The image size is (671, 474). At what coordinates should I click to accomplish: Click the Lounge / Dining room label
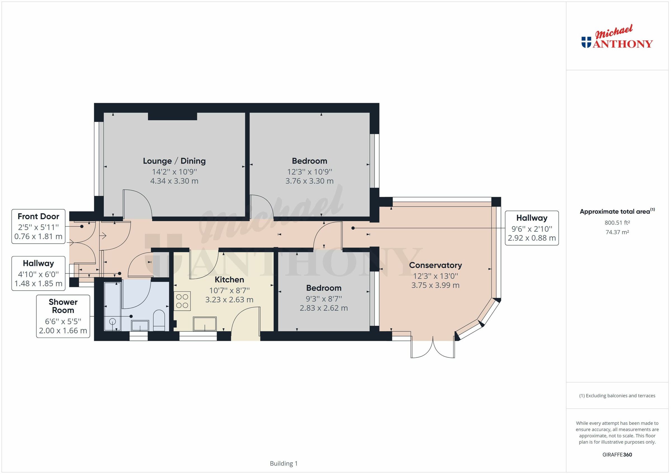coord(174,161)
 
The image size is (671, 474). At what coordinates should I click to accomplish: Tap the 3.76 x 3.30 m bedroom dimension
coord(309,181)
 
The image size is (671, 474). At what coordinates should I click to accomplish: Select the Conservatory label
coord(435,265)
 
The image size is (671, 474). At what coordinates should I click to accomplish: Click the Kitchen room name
coord(229,279)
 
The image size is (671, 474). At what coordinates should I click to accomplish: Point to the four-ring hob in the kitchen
coord(182,301)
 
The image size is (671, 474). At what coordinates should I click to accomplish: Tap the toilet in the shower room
coord(159,320)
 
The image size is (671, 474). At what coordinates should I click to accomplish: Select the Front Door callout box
coord(38,226)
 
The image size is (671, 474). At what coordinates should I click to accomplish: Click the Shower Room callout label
coord(63,306)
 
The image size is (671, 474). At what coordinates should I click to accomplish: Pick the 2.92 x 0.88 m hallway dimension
coord(531,238)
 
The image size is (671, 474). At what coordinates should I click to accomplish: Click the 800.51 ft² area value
coord(617,223)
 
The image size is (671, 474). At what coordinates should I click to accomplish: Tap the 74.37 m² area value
coord(617,232)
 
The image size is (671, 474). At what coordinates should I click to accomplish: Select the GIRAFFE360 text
coord(617,454)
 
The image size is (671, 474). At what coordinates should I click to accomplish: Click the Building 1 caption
coord(283,463)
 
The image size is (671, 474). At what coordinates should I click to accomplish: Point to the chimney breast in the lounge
coord(172,116)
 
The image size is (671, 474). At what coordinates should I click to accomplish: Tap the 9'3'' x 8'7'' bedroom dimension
coord(323,299)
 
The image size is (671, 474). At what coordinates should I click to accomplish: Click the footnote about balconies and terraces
coord(617,396)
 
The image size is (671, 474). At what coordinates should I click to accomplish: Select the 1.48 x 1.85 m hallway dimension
coord(38,283)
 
